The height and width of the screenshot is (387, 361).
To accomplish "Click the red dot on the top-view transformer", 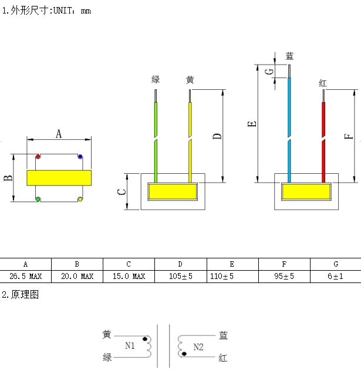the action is point(38,156).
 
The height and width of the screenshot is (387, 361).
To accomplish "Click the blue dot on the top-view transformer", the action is point(80,156).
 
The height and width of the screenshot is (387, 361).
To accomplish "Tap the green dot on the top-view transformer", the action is point(38,199).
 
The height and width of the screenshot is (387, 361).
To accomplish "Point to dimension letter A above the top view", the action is point(59,134).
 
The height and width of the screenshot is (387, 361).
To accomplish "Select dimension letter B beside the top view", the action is point(8,178).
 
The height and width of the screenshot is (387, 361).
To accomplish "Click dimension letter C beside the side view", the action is point(122,192).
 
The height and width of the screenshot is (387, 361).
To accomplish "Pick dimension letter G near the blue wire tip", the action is point(269,72).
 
